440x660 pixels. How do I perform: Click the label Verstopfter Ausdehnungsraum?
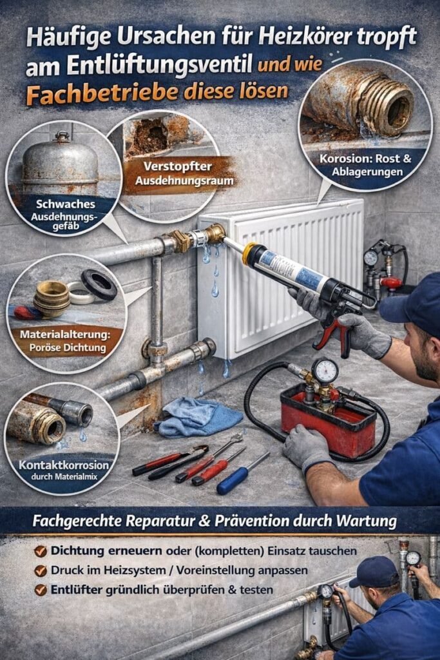(184, 173)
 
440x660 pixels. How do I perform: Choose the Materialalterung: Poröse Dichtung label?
(67, 342)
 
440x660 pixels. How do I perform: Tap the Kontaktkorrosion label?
(64, 465)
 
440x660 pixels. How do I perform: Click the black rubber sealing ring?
(99, 284)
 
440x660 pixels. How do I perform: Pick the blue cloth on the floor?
(197, 417)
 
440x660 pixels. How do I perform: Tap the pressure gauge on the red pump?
(325, 371)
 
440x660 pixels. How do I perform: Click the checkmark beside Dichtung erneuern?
(41, 551)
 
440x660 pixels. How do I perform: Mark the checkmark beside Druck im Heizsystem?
(41, 571)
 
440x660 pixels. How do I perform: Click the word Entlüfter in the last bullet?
(76, 590)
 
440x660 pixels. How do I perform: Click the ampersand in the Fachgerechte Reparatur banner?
(203, 521)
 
